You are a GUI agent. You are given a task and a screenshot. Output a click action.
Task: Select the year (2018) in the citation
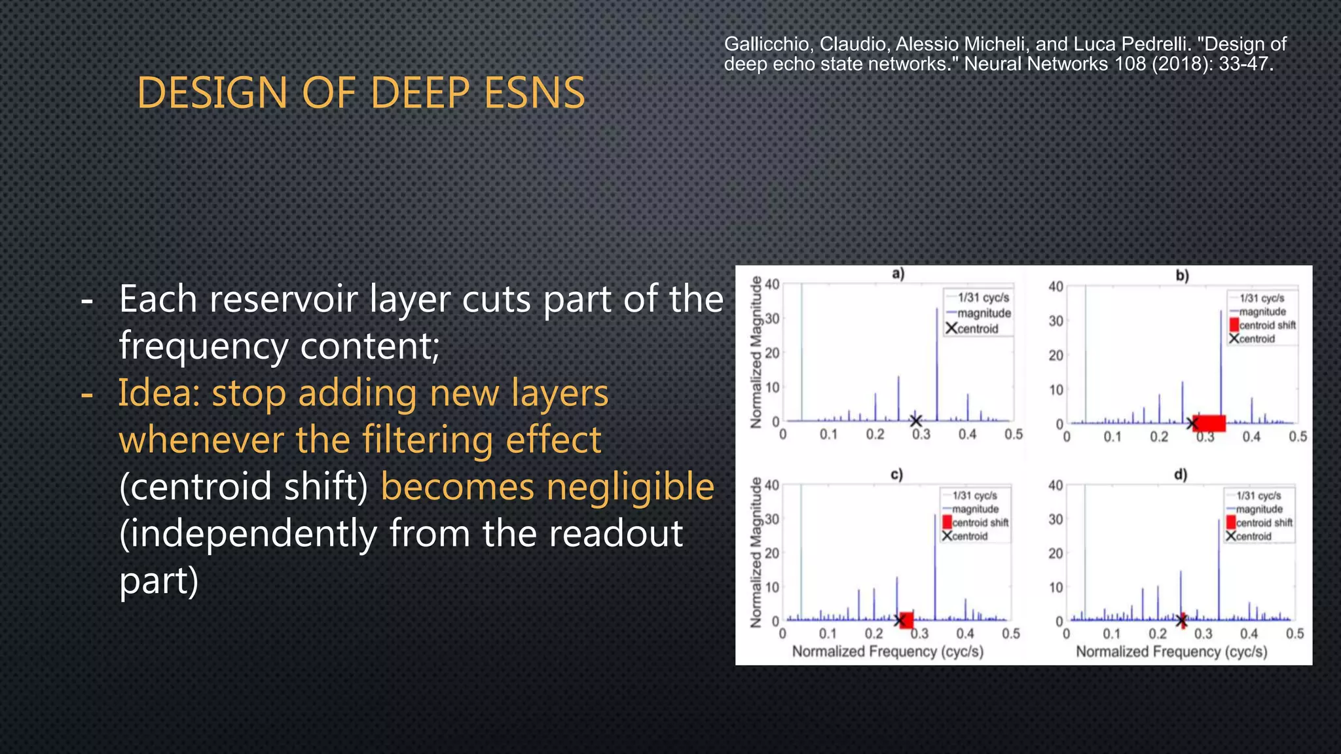point(1183,64)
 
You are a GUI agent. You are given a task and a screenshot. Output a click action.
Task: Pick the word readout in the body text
point(615,533)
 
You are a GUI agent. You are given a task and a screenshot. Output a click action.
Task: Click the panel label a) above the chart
point(898,274)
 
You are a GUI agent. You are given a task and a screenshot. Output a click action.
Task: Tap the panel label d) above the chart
point(1181,475)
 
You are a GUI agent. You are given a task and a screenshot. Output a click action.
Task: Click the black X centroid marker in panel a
point(916,421)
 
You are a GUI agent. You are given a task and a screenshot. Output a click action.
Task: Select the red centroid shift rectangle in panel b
point(1209,423)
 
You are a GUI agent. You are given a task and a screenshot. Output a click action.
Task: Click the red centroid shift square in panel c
point(906,620)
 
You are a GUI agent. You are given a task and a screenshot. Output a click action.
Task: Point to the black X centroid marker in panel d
point(1182,620)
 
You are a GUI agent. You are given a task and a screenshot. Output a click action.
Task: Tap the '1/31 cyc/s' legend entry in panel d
point(1258,496)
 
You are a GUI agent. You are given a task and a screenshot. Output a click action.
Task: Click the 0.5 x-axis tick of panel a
point(1013,435)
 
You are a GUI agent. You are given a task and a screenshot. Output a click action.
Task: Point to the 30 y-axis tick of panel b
point(1056,321)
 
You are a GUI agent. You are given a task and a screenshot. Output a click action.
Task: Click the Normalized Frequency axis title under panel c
point(887,652)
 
